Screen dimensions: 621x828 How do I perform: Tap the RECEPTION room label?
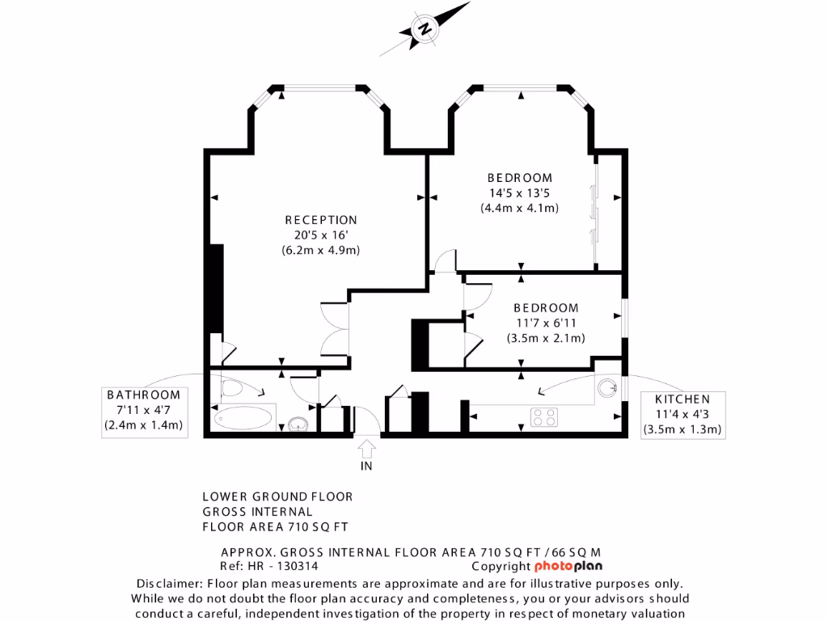[x=320, y=220]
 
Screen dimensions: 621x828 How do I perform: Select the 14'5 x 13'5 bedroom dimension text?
[x=519, y=193]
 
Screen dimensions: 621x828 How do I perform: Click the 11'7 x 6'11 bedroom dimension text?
[x=546, y=323]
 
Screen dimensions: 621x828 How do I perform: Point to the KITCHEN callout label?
[x=682, y=399]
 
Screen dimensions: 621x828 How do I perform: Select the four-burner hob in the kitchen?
[x=544, y=417]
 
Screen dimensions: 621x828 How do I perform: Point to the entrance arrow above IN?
[x=366, y=447]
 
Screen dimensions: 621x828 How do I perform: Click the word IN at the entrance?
[x=366, y=467]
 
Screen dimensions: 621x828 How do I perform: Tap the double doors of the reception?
[x=335, y=328]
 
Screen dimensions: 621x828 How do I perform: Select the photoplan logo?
[x=572, y=566]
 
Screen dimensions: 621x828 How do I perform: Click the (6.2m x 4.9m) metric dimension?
[x=320, y=250]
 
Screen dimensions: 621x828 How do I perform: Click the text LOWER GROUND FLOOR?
[x=277, y=496]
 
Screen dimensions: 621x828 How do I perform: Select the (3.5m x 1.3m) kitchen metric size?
[x=682, y=429]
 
